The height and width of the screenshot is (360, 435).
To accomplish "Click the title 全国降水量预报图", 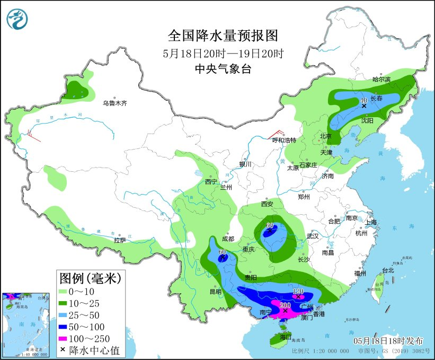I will click(223, 36).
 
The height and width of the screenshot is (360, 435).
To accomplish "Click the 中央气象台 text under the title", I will click(223, 68).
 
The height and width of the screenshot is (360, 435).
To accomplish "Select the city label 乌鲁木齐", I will click(115, 103).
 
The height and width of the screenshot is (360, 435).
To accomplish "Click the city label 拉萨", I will click(120, 240).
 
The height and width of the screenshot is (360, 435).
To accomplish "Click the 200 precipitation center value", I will click(286, 305).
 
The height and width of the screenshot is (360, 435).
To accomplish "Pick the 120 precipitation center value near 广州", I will click(298, 292).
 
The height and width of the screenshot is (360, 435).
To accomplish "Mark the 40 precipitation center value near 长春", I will click(364, 100).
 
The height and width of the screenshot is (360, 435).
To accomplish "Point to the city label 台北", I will click(388, 270).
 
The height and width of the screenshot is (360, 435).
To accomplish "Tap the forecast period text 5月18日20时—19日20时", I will click(223, 53).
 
